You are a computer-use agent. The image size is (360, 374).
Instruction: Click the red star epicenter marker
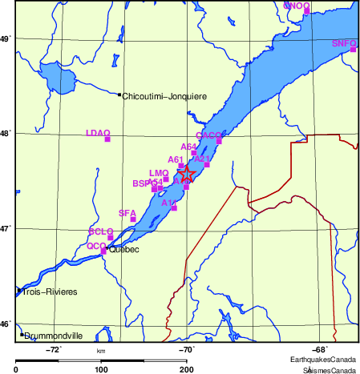(185, 173)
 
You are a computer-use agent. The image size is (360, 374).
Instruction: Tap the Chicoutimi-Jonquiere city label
(164, 96)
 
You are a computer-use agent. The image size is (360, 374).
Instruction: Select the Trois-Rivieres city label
(50, 292)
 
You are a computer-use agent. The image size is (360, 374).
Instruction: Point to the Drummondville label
(54, 336)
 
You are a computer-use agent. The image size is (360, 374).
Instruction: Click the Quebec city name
(123, 250)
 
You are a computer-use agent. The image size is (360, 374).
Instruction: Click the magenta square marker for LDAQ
(107, 140)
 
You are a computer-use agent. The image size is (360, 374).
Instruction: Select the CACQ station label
(208, 135)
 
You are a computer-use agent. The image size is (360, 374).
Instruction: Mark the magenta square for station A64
(193, 152)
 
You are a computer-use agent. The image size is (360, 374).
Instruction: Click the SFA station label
(127, 212)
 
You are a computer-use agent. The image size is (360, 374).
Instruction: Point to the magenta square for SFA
(132, 219)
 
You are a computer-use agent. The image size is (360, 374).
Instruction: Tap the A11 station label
(168, 203)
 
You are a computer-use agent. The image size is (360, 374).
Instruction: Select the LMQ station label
(158, 173)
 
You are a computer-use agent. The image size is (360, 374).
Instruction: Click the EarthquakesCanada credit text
(323, 360)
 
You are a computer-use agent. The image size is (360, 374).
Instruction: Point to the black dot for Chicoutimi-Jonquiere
(119, 95)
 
